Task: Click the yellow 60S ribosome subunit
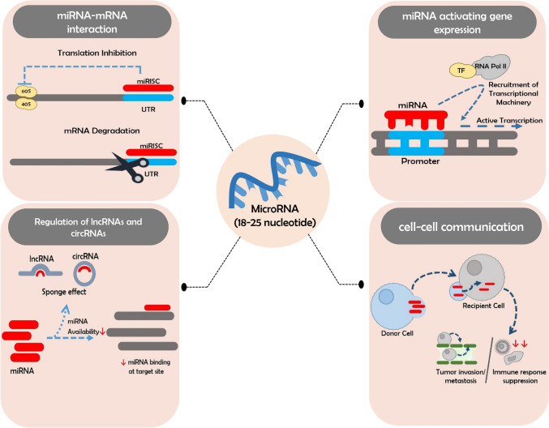pyautogui.click(x=26, y=92)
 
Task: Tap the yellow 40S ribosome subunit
pyautogui.click(x=26, y=104)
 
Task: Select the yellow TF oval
pyautogui.click(x=462, y=71)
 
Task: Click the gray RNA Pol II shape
pyautogui.click(x=492, y=66)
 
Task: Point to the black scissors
pyautogui.click(x=129, y=167)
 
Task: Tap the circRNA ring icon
pyautogui.click(x=84, y=273)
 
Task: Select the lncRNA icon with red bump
pyautogui.click(x=41, y=271)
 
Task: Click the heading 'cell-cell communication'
pyautogui.click(x=461, y=227)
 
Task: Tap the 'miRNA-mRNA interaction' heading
pyautogui.click(x=92, y=22)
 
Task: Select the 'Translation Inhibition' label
pyautogui.click(x=97, y=53)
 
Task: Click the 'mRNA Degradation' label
pyautogui.click(x=102, y=131)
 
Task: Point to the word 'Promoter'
pyautogui.click(x=420, y=161)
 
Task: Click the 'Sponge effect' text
pyautogui.click(x=64, y=292)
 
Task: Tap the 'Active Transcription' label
pyautogui.click(x=509, y=121)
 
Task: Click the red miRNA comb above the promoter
pyautogui.click(x=416, y=119)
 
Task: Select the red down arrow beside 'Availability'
pyautogui.click(x=103, y=331)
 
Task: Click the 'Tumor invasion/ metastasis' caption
pyautogui.click(x=461, y=376)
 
